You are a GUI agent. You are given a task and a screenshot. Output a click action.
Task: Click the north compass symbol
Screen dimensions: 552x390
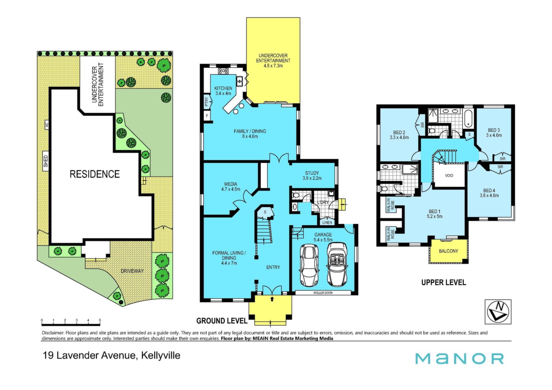point(498,312)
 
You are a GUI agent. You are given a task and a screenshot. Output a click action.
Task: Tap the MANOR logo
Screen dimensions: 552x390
point(459,359)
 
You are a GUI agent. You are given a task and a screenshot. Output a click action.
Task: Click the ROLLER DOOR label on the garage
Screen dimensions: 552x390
point(323,293)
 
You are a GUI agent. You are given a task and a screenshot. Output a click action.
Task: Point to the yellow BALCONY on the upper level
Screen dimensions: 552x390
point(448,251)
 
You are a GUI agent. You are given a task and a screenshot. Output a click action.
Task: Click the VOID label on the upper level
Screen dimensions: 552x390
point(449,176)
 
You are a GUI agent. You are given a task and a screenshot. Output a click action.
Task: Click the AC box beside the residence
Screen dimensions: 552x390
point(47,125)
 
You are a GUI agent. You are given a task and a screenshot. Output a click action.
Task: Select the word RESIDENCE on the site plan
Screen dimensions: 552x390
point(95,174)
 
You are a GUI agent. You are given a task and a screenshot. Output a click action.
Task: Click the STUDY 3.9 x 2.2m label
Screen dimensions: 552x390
point(312,176)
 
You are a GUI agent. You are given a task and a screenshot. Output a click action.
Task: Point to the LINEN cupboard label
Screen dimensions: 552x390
point(327,222)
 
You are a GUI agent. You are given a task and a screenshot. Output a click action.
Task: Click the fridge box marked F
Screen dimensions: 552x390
point(207,116)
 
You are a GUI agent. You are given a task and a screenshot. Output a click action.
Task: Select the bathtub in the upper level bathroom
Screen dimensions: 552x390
point(468,118)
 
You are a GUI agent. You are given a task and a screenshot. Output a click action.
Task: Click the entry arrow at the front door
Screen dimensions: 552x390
point(272,299)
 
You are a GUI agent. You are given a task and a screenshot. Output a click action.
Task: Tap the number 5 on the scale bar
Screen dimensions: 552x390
point(100,320)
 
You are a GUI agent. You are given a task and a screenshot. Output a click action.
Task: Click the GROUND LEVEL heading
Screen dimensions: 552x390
point(222,321)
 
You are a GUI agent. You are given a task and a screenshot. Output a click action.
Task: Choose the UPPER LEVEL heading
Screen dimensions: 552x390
point(444,283)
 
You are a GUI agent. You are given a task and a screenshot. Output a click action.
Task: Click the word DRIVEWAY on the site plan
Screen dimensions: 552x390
point(132,271)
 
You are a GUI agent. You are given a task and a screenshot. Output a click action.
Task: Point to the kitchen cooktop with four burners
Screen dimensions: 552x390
point(223,71)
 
